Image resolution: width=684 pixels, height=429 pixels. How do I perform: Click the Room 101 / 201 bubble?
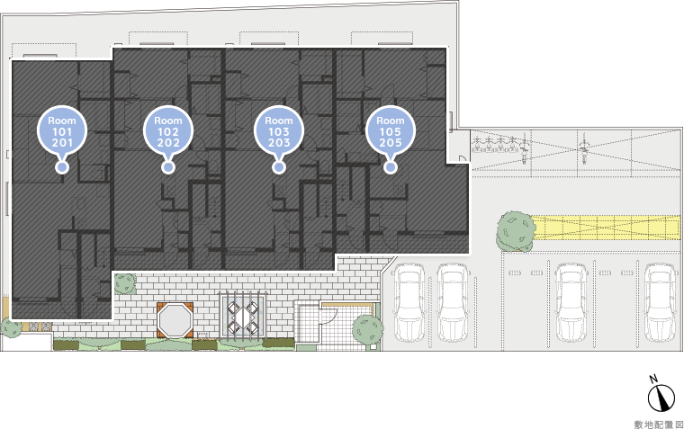click(x=62, y=130)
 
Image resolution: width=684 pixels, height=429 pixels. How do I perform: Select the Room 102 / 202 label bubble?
click(x=168, y=130)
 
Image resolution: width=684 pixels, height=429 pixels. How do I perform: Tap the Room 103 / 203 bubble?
click(x=279, y=130)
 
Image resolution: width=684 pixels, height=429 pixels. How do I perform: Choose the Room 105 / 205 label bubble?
click(x=390, y=130)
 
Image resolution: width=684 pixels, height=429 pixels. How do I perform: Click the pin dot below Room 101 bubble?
click(x=62, y=167)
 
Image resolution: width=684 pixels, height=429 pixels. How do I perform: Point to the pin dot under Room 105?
click(x=391, y=167)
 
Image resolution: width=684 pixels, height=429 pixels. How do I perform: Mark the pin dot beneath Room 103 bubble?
click(x=279, y=167)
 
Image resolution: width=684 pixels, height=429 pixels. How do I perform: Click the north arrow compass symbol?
click(x=661, y=396)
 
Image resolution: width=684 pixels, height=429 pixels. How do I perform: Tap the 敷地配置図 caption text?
click(x=659, y=425)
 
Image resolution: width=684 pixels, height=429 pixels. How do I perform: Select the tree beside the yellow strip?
click(x=515, y=231)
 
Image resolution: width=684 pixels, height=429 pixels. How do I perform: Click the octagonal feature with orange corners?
click(x=175, y=320)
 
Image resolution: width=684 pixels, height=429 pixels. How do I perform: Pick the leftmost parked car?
click(x=409, y=302)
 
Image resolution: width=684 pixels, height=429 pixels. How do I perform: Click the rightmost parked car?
click(x=660, y=302)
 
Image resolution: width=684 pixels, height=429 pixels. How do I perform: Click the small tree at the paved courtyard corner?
click(x=125, y=283)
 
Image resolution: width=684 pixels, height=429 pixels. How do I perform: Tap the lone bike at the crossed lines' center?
click(x=583, y=148)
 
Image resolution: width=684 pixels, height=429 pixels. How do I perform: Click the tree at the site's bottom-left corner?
click(x=11, y=327)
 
